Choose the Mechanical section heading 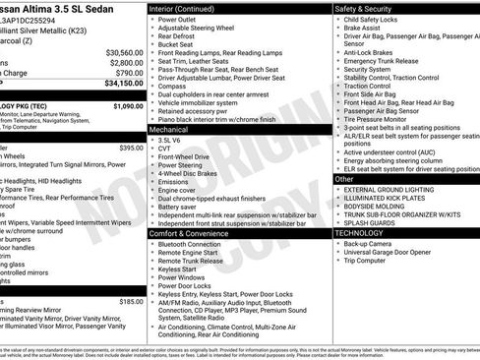(168, 129)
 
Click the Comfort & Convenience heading (188, 234)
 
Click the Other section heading (344, 179)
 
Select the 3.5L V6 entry (170, 140)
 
